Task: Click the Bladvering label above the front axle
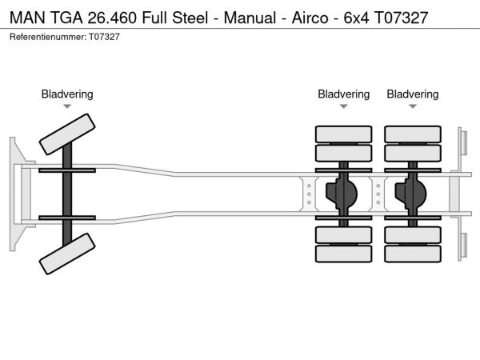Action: tap(67, 94)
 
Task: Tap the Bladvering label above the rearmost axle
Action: tap(413, 94)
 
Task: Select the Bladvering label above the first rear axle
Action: tap(344, 94)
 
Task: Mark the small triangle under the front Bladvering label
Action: tap(67, 106)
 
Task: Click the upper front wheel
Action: tap(67, 133)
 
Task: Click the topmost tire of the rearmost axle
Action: tap(413, 134)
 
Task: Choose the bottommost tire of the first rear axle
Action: tap(344, 254)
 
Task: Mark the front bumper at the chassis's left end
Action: tap(17, 193)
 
